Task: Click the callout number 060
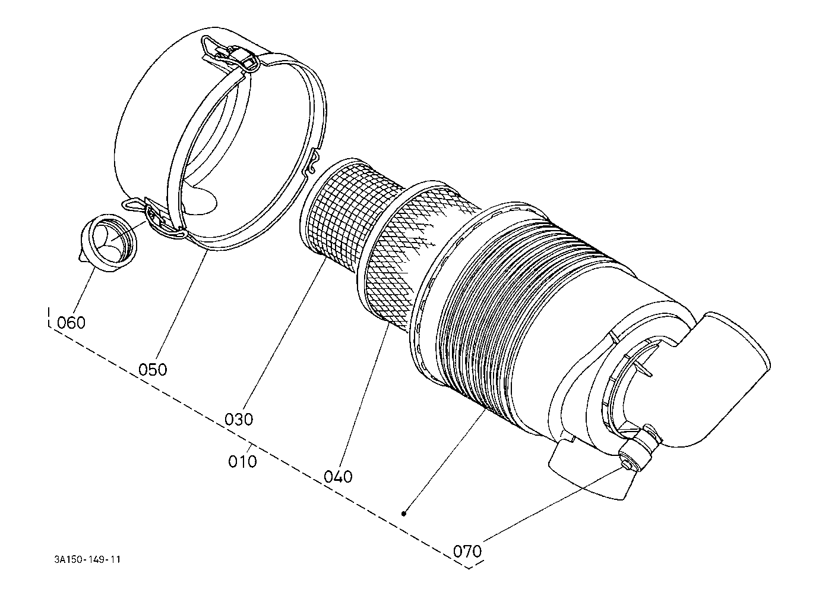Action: tap(71, 323)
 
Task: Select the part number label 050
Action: tap(153, 369)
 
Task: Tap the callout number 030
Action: tap(239, 418)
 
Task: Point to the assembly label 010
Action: tap(242, 461)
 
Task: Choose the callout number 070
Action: tap(467, 551)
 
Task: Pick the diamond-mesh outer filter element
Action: tap(410, 250)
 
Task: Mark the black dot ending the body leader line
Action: tap(404, 513)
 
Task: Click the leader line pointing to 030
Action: tap(285, 333)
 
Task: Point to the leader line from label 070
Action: tap(552, 499)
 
